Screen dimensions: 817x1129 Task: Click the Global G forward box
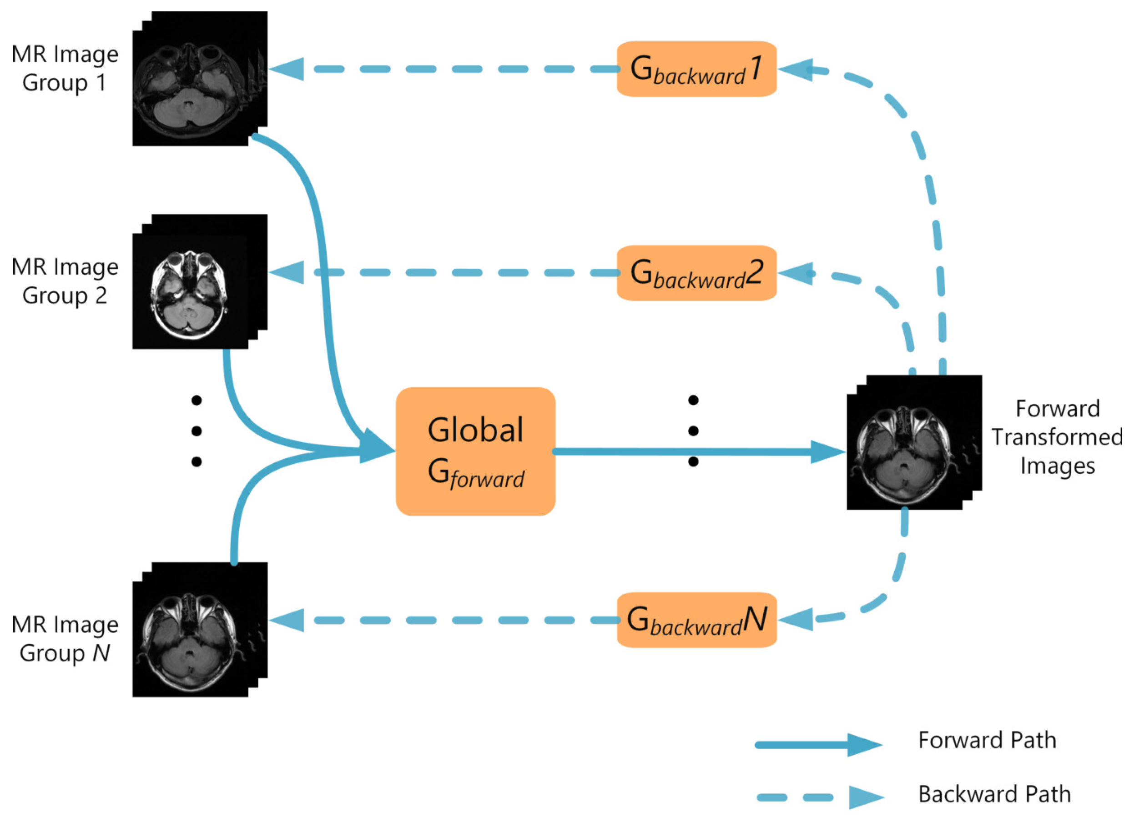click(475, 451)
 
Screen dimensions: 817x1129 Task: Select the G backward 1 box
click(696, 69)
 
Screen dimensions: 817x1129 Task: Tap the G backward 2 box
click(696, 273)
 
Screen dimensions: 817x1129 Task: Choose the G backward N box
click(696, 620)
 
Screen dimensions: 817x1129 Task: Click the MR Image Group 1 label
click(65, 68)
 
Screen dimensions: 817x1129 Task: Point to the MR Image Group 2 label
click(65, 281)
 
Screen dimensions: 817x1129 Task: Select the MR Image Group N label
click(65, 638)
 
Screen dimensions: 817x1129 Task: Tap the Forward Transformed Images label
click(1057, 437)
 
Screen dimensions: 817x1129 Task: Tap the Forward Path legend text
click(987, 740)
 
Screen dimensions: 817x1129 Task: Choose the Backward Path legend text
click(994, 794)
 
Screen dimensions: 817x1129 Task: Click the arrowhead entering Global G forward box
click(376, 446)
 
